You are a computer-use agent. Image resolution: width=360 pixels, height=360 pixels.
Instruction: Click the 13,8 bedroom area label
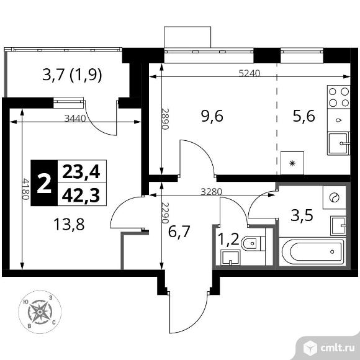(x=69, y=224)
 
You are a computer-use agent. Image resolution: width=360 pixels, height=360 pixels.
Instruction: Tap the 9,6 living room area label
(x=212, y=116)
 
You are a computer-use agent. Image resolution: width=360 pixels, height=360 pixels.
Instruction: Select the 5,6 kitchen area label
(x=304, y=116)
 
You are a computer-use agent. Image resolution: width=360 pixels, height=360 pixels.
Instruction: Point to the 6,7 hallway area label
(x=179, y=232)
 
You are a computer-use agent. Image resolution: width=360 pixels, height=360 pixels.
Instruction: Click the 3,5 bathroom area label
(x=302, y=215)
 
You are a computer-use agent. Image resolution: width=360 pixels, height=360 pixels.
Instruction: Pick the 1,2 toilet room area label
(x=228, y=240)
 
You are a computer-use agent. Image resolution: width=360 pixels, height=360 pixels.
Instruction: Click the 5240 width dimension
(x=250, y=73)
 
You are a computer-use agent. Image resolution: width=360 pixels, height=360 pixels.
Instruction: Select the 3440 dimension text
(x=75, y=119)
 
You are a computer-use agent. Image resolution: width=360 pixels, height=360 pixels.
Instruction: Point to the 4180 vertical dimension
(x=25, y=189)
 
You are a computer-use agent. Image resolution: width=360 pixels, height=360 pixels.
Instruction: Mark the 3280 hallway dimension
(x=212, y=192)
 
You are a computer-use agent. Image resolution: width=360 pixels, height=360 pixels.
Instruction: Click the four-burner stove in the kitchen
(x=339, y=97)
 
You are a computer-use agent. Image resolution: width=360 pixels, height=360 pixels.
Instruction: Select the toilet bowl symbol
(x=253, y=243)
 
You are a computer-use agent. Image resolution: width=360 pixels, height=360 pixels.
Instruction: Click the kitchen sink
(x=339, y=144)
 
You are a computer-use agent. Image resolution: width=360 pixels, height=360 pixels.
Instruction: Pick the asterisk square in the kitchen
(x=292, y=163)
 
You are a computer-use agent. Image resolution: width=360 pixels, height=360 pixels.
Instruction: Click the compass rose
(x=40, y=312)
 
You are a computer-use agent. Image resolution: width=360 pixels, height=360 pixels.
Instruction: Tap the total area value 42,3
(x=81, y=196)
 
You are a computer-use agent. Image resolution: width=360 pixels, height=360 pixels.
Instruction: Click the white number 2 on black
(x=44, y=183)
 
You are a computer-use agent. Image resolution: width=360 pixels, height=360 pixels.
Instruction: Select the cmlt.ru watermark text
(x=337, y=348)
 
